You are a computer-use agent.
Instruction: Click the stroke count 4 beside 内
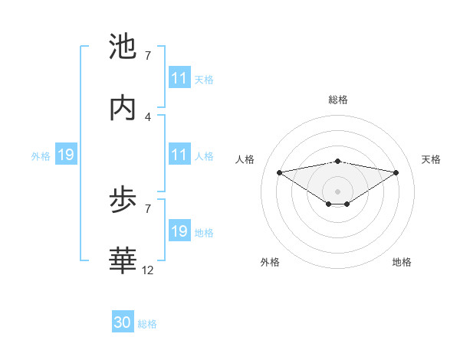point(148,116)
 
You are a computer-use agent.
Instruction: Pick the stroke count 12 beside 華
point(149,270)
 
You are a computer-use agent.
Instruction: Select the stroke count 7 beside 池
point(148,56)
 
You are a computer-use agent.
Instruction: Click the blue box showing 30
point(123,323)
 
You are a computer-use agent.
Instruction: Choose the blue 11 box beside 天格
point(179,78)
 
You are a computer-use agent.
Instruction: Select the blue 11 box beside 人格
point(179,155)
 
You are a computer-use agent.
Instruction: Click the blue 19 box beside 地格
point(179,232)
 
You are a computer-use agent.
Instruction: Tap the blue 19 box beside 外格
point(65,155)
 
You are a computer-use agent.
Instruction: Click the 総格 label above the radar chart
point(338,100)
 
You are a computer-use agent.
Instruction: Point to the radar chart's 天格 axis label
point(432,159)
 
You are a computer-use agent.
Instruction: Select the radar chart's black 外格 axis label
point(270,262)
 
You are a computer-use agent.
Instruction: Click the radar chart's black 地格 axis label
point(402,262)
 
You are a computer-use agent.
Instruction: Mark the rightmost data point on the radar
point(396,172)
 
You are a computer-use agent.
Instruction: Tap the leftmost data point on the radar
point(280,172)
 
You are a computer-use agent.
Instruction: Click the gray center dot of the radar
point(338,191)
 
